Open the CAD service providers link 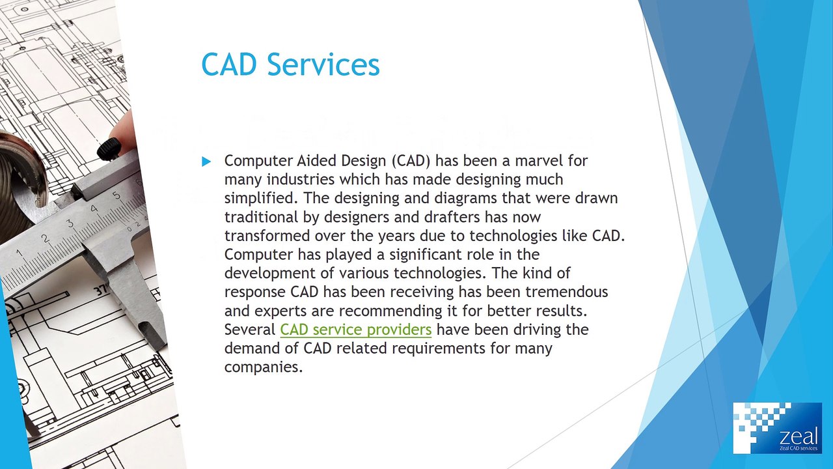[x=355, y=330]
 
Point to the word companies [x=263, y=367]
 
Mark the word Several [x=250, y=330]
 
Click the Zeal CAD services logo [x=777, y=428]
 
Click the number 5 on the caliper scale [x=116, y=195]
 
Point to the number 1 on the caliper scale [x=19, y=253]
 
